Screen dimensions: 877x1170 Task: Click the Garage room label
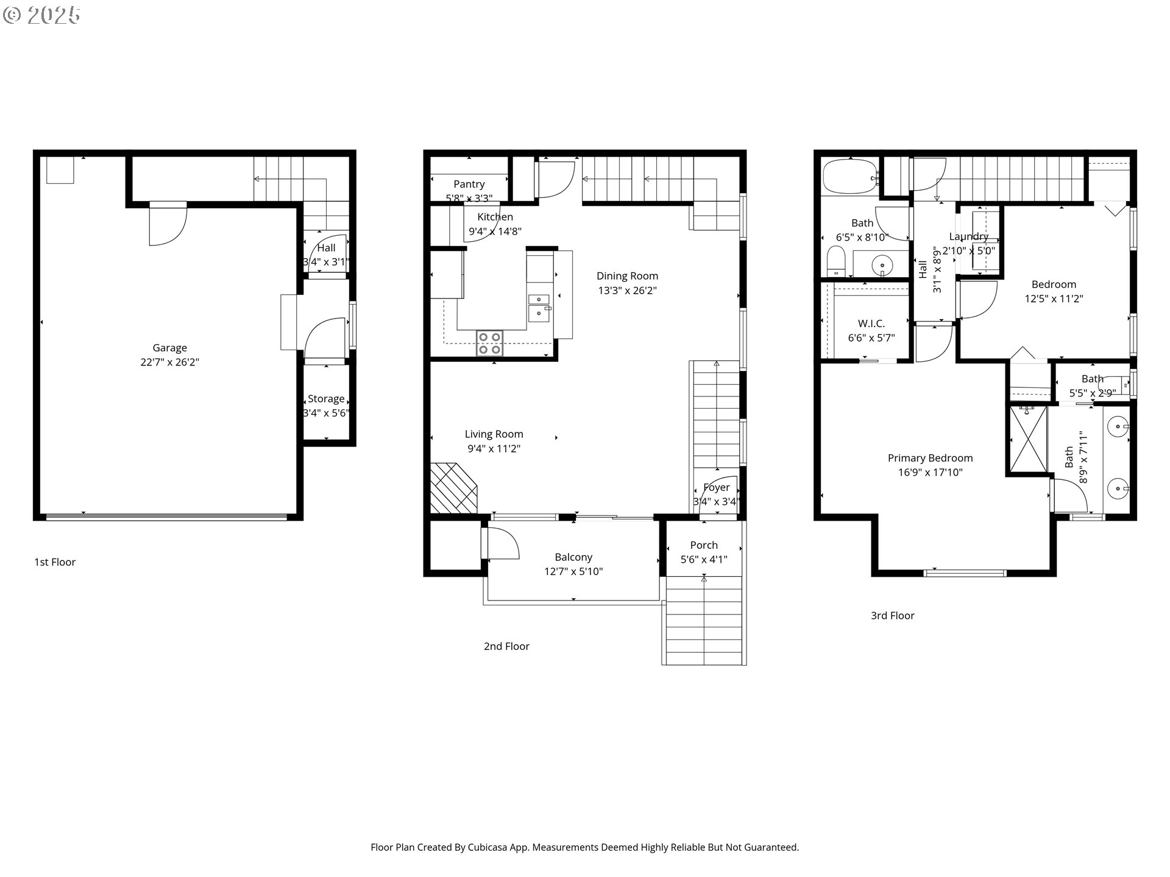[169, 348]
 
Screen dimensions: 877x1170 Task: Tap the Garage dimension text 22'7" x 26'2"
[169, 362]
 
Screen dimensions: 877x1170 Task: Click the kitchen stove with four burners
[490, 343]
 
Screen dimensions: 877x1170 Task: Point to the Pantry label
[469, 184]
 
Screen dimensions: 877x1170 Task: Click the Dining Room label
[627, 276]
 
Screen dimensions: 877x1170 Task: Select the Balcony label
[573, 557]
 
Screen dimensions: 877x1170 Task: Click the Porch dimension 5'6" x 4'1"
[704, 560]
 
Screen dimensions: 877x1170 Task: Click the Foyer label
[716, 487]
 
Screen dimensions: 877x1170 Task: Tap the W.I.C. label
[871, 323]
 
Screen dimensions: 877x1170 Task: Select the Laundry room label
[968, 236]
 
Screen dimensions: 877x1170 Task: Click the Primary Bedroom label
[930, 458]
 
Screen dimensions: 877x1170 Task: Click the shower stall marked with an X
[1028, 438]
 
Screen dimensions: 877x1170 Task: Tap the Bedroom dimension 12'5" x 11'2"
[1054, 299]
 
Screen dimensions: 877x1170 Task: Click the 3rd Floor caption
[892, 616]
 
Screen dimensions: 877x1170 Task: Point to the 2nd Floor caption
[506, 646]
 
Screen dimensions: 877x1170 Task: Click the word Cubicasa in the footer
[490, 847]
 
